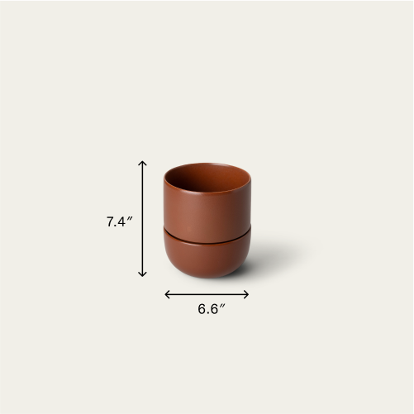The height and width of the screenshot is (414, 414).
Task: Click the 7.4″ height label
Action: tap(120, 221)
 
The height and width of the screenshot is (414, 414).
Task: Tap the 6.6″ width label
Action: tap(212, 309)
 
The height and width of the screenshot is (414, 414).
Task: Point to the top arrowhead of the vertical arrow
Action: tap(143, 163)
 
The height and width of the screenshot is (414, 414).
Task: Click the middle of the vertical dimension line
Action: tap(143, 219)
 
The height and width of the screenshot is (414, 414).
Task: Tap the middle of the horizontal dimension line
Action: tap(207, 293)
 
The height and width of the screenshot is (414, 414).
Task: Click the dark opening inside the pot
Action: tap(207, 177)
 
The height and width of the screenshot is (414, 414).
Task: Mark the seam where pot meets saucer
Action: tap(207, 238)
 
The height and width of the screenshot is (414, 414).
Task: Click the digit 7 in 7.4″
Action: tap(110, 221)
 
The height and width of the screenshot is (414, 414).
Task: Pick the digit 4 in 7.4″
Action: tap(123, 221)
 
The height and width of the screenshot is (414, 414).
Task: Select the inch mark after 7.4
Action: tap(131, 218)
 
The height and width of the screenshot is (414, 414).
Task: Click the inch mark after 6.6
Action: tap(223, 306)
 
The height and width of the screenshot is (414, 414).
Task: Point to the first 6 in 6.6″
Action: tap(202, 309)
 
